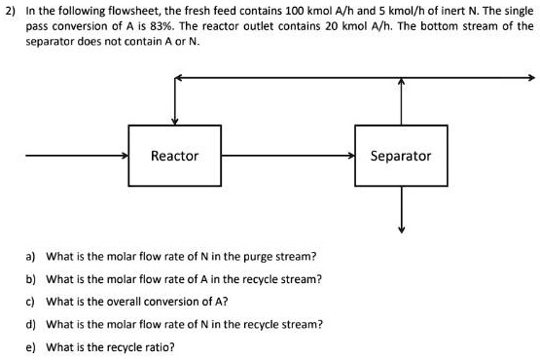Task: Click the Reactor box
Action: tap(175, 156)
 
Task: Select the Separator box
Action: tap(401, 156)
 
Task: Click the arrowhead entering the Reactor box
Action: tap(124, 156)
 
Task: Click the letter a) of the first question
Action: tap(32, 257)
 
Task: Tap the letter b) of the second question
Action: tap(32, 279)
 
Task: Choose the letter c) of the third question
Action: tap(32, 302)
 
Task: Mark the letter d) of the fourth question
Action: tap(32, 324)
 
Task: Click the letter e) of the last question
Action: tap(32, 346)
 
